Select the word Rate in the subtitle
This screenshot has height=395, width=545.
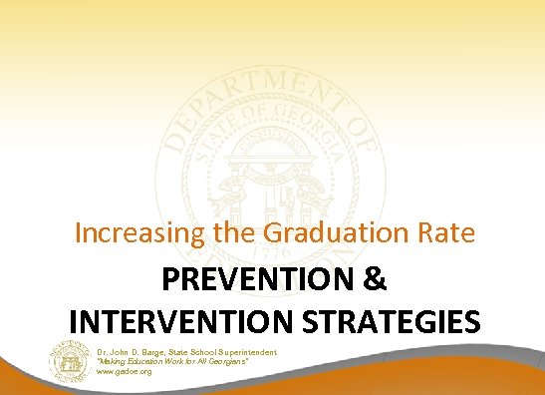(x=444, y=235)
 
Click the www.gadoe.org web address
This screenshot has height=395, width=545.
(x=126, y=371)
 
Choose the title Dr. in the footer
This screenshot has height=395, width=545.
(x=105, y=353)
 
